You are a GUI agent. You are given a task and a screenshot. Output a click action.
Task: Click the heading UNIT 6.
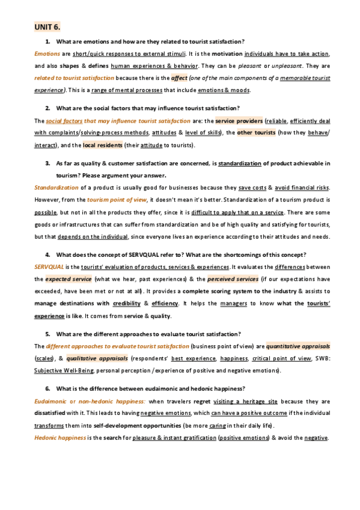[x=47, y=27]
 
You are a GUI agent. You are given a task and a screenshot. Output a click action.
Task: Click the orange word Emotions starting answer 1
[x=47, y=54]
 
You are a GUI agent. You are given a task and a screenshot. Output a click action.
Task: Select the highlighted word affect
[x=179, y=78]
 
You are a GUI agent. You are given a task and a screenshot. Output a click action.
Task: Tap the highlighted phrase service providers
[x=239, y=120]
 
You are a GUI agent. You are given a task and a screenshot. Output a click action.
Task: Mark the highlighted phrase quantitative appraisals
[x=298, y=346]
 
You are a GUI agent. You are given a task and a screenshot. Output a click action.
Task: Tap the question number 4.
[x=47, y=254]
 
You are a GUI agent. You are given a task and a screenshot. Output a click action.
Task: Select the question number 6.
[x=47, y=388]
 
